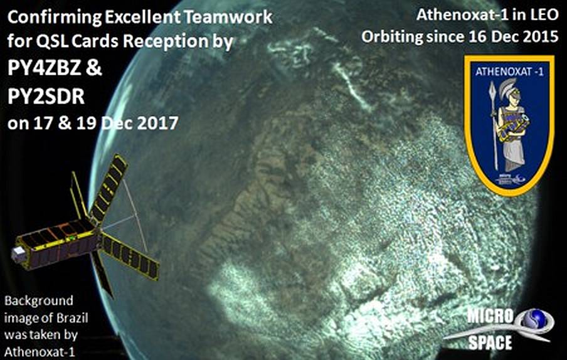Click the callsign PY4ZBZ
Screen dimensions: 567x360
[45, 68]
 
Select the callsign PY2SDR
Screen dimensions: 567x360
[46, 96]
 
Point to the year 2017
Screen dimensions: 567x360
[157, 123]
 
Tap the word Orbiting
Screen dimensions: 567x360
[393, 38]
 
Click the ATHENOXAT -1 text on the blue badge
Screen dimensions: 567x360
[509, 72]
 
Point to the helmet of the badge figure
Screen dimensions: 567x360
[510, 88]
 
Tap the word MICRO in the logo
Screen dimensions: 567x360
[490, 316]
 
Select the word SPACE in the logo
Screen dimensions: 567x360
[490, 342]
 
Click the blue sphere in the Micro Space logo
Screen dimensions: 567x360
[538, 319]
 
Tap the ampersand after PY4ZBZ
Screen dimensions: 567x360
[93, 68]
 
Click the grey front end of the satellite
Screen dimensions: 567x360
[19, 255]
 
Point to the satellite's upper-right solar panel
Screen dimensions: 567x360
[109, 188]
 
